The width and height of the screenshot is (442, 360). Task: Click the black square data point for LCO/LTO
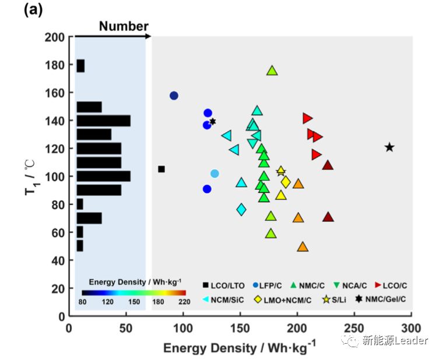(162, 169)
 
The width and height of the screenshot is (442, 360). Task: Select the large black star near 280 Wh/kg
(390, 147)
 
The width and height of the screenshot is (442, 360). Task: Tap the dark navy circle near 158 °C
(174, 96)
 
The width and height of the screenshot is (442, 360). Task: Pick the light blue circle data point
(215, 174)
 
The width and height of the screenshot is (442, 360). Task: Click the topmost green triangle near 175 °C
(272, 70)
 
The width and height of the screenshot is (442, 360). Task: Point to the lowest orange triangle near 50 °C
(303, 247)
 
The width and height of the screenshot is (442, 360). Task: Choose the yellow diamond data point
(286, 182)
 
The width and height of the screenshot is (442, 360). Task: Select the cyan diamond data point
(241, 209)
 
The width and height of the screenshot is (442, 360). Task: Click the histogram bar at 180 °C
(80, 66)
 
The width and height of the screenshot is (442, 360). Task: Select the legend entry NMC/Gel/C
(382, 299)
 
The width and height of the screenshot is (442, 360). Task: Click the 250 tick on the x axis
(354, 325)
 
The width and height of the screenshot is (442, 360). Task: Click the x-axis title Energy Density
(239, 348)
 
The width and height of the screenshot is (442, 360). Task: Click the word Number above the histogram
(123, 26)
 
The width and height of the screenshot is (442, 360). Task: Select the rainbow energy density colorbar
(134, 293)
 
